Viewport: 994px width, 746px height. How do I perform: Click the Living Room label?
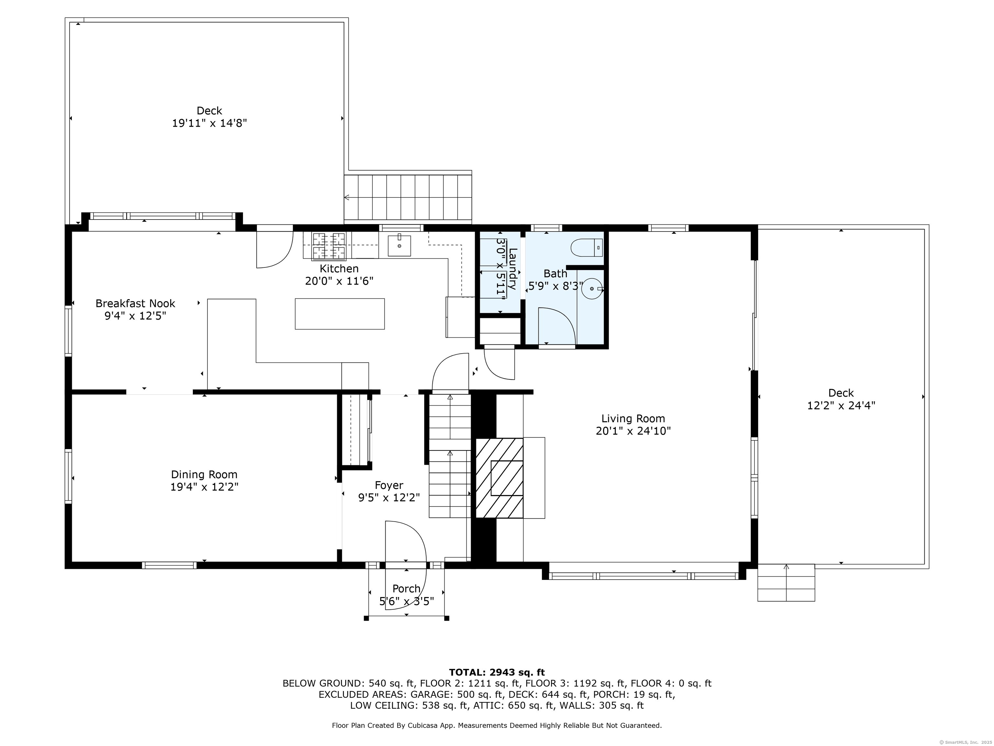[x=633, y=419]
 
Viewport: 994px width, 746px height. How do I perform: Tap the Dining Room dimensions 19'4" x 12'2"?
[x=204, y=487]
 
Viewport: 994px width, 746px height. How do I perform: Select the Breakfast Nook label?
[x=135, y=303]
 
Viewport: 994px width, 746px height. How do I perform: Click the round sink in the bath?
[x=592, y=288]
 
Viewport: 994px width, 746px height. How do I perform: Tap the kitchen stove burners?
[x=329, y=246]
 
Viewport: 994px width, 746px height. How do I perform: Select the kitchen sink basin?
[x=399, y=245]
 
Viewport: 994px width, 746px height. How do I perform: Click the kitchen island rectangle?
[x=340, y=314]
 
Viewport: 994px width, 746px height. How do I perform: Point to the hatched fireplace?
[x=499, y=478]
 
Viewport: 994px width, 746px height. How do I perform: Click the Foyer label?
[x=389, y=485]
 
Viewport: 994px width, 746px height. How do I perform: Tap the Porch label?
[x=406, y=589]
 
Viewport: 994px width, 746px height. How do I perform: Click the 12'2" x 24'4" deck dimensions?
[x=841, y=406]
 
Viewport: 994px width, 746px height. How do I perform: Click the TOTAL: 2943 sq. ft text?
[x=497, y=672]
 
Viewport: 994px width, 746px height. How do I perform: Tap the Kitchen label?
[x=339, y=268]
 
